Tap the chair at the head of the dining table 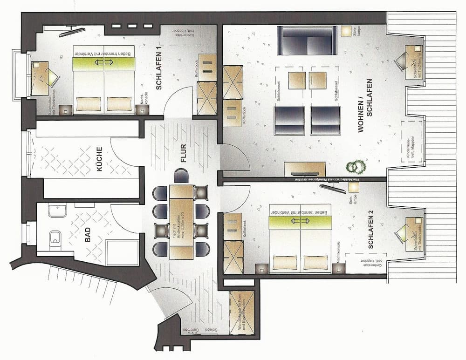point(181,177)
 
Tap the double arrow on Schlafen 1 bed point(104,63)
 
